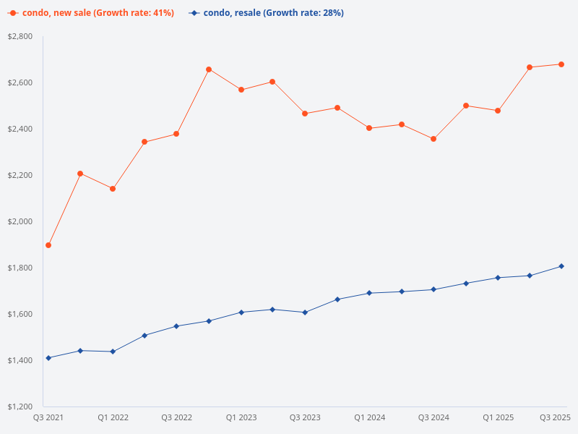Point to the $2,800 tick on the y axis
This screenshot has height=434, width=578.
click(x=20, y=36)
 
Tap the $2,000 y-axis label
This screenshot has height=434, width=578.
click(x=20, y=221)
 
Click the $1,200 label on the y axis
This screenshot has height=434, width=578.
click(x=20, y=407)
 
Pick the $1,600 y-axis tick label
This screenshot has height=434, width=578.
click(x=20, y=314)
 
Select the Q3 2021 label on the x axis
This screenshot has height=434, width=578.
click(x=48, y=417)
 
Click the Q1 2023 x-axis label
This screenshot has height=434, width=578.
click(x=241, y=417)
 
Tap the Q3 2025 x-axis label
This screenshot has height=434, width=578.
click(x=556, y=417)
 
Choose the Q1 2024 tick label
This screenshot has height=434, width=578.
click(x=369, y=417)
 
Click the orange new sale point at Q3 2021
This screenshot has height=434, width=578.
click(x=48, y=245)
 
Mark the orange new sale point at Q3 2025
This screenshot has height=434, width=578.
click(x=561, y=64)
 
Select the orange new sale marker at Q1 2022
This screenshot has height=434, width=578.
click(x=113, y=189)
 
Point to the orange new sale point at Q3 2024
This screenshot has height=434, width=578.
click(x=433, y=139)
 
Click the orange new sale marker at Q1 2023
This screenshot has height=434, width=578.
click(x=241, y=90)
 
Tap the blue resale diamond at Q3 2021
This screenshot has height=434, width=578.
click(x=48, y=358)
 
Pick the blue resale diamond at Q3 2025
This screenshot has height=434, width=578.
click(x=561, y=266)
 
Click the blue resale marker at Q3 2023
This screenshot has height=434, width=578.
click(x=305, y=312)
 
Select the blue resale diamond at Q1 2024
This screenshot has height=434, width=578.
click(x=369, y=293)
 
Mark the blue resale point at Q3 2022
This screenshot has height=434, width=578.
click(x=176, y=326)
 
